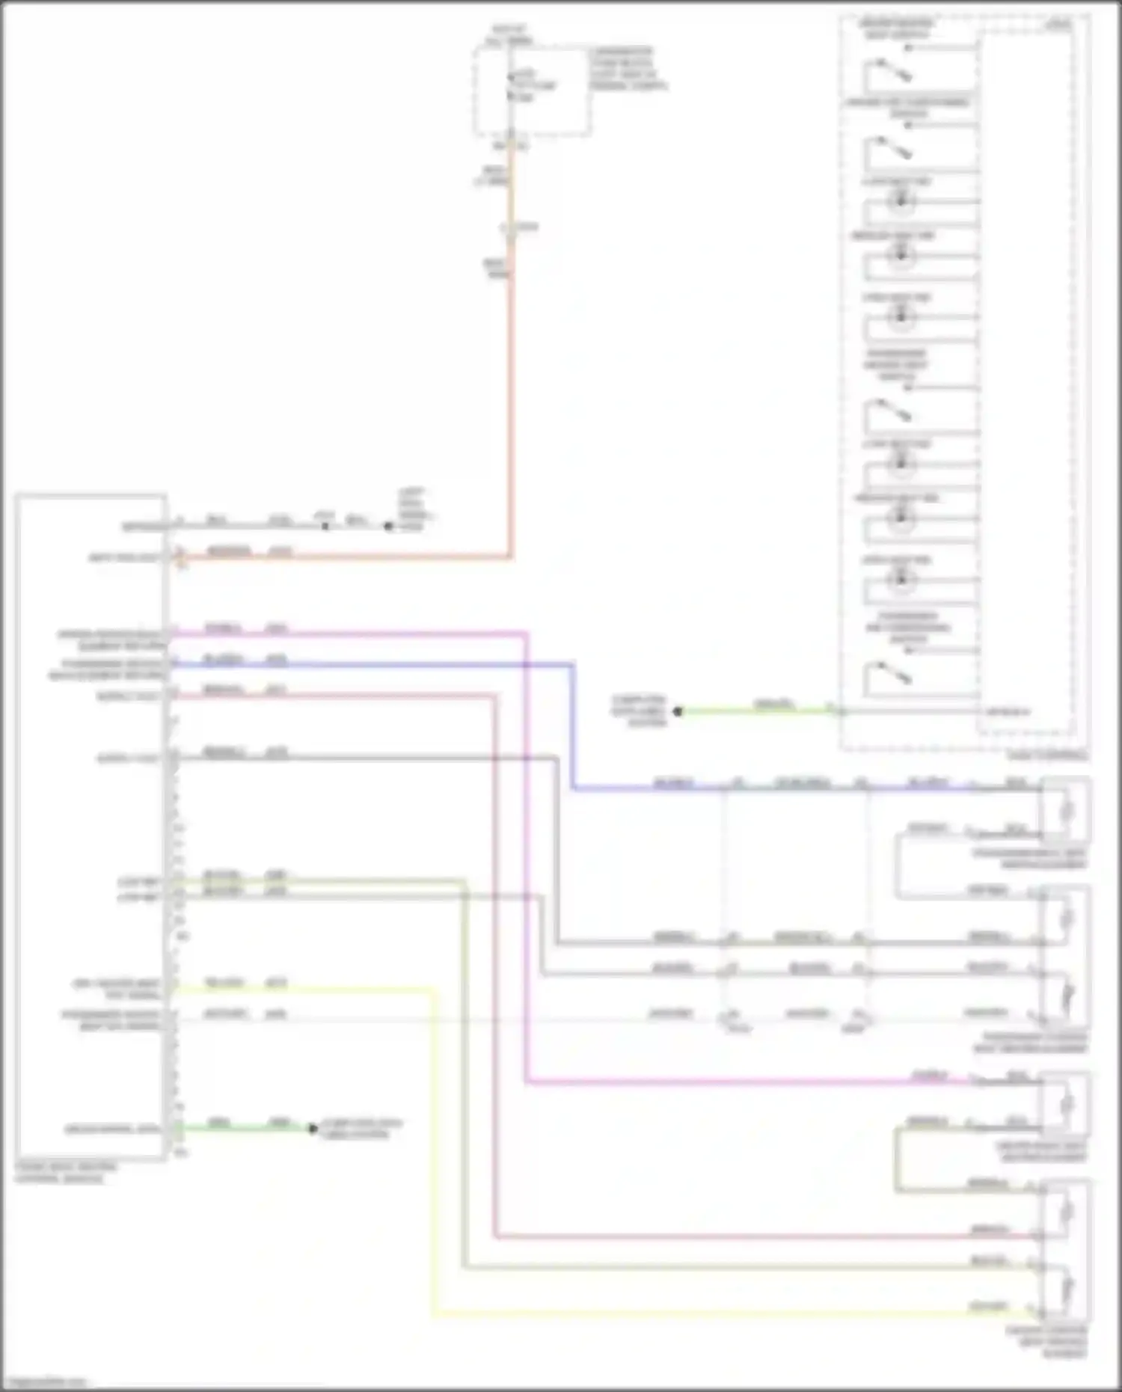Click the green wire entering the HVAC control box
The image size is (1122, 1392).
[x=755, y=711]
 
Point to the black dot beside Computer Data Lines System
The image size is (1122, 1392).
[x=678, y=711]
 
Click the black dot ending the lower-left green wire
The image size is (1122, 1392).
[x=313, y=1128]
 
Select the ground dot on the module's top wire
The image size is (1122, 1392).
[x=387, y=527]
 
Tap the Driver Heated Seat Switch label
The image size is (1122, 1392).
[x=897, y=28]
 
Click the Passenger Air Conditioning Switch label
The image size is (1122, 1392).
[x=907, y=628]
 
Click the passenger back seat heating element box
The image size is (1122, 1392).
[x=1066, y=810]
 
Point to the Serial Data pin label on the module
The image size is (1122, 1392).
[x=112, y=1129]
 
